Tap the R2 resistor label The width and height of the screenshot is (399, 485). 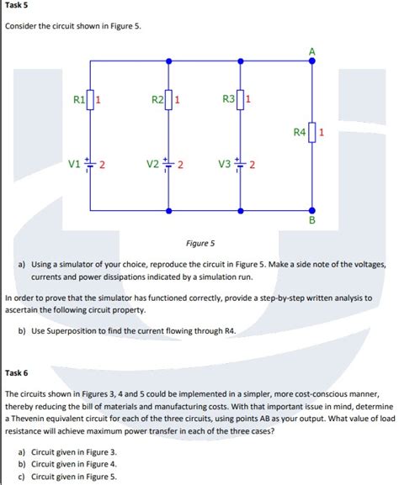(x=157, y=102)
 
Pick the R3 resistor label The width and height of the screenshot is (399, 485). (x=228, y=102)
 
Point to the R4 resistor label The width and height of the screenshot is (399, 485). (x=299, y=132)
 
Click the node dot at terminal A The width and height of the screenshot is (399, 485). (x=313, y=61)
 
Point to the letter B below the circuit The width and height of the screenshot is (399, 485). (x=313, y=221)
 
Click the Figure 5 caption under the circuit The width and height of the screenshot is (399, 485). (x=200, y=243)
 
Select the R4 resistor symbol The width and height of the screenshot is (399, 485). (x=313, y=133)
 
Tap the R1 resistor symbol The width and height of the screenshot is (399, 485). (x=91, y=102)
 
